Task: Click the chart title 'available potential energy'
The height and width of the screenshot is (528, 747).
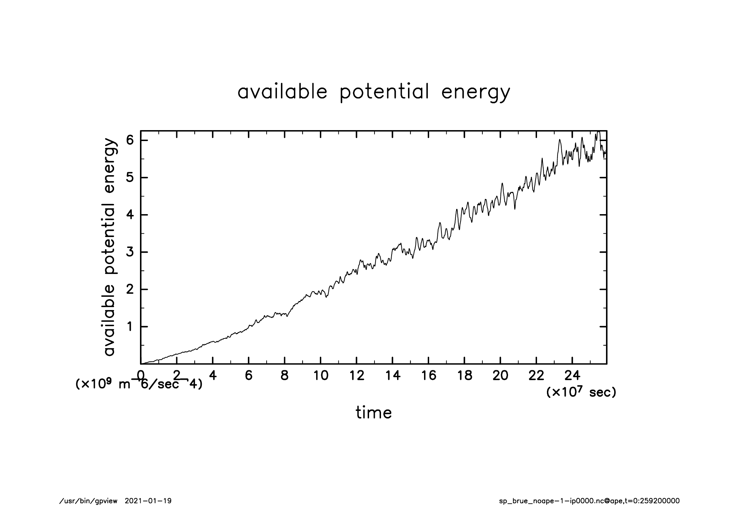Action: (x=373, y=92)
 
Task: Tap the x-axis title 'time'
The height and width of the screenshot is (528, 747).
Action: (x=373, y=413)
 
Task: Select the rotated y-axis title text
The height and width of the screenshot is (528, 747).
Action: (x=110, y=247)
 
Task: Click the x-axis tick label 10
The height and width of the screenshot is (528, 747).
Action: (x=321, y=376)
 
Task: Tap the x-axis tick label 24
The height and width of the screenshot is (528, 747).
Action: (x=572, y=376)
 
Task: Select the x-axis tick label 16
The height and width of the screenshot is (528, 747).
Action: (x=428, y=376)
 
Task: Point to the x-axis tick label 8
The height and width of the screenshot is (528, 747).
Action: (x=284, y=376)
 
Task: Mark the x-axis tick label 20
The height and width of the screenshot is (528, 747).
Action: (x=500, y=376)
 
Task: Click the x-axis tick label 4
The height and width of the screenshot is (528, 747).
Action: (x=213, y=376)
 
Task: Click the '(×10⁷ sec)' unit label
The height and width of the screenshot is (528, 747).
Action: (x=581, y=392)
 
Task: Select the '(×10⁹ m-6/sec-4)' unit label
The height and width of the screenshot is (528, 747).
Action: (x=139, y=384)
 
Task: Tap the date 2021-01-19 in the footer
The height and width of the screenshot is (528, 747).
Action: (x=148, y=501)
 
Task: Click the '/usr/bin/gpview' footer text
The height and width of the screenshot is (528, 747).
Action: (x=88, y=501)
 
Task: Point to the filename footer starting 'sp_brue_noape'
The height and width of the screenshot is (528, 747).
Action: (x=589, y=501)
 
